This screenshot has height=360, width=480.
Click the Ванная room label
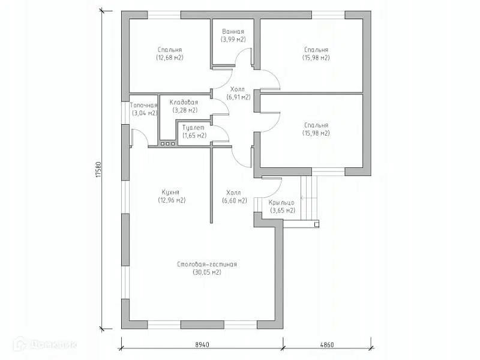click(x=233, y=32)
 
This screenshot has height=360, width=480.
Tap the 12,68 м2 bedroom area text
click(x=170, y=58)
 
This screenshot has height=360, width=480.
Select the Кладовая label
click(x=184, y=102)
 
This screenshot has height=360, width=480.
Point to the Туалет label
click(x=193, y=127)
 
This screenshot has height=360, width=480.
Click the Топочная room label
click(x=144, y=106)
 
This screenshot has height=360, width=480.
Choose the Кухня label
click(x=170, y=192)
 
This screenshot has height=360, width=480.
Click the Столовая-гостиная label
click(x=207, y=264)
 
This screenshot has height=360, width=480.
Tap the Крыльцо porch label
click(x=281, y=202)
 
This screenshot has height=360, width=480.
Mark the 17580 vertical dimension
click(x=98, y=170)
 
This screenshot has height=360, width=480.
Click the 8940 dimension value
click(x=202, y=344)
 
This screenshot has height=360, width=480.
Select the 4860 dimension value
click(x=327, y=344)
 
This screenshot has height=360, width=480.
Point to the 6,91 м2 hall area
click(x=238, y=97)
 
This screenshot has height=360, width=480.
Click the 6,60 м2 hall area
click(x=235, y=201)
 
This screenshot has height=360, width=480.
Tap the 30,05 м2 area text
click(x=207, y=272)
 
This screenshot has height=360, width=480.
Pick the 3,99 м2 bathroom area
click(x=233, y=40)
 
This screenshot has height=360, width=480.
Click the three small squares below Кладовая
click(x=167, y=143)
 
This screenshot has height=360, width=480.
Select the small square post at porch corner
click(x=317, y=224)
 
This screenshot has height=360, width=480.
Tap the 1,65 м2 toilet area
click(x=194, y=136)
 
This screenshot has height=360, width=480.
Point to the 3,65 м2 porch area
click(x=283, y=211)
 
